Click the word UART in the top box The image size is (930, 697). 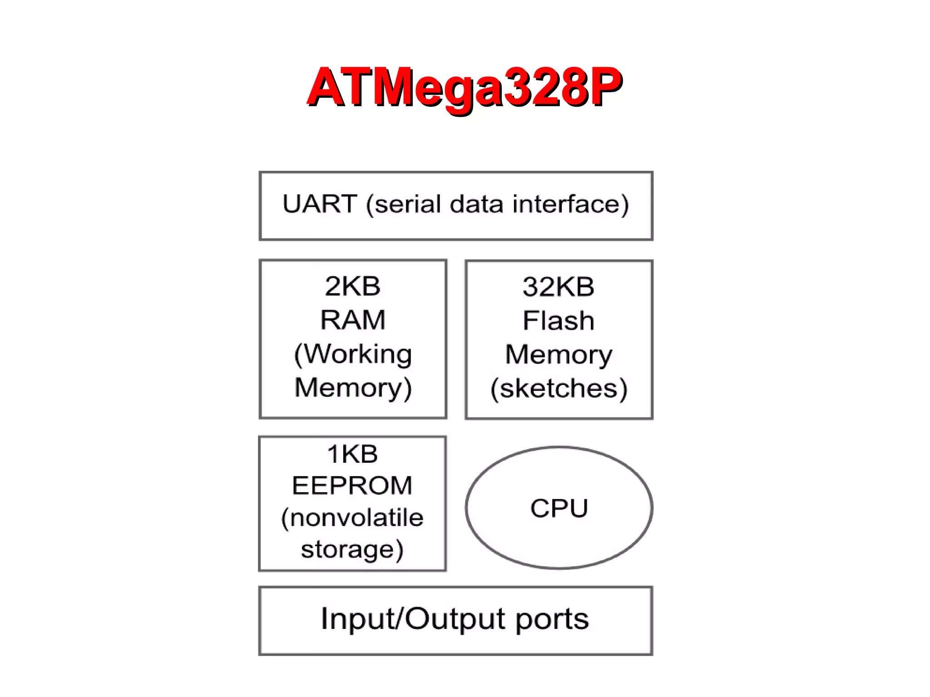319,204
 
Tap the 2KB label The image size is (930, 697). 352,287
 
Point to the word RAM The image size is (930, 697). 352,320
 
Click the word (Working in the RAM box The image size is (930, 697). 353,354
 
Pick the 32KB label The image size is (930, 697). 558,287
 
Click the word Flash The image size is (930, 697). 558,321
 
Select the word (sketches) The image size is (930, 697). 559,389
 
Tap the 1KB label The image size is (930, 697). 352,454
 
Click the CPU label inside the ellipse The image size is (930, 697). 559,508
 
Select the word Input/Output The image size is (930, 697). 412,619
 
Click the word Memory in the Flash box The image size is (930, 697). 559,355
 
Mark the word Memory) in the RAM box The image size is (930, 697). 353,388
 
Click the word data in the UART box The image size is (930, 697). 476,204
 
